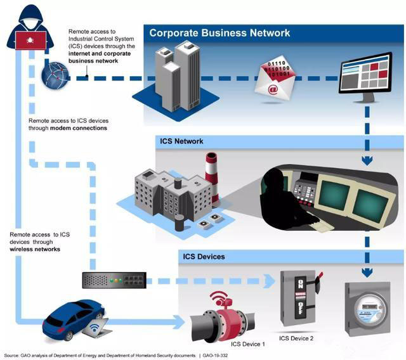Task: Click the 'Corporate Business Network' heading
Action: [219, 33]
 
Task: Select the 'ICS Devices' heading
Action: [204, 257]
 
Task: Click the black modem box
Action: [114, 280]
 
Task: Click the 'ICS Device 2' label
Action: [296, 338]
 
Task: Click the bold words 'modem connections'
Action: [76, 128]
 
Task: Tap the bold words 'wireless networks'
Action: [36, 249]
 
